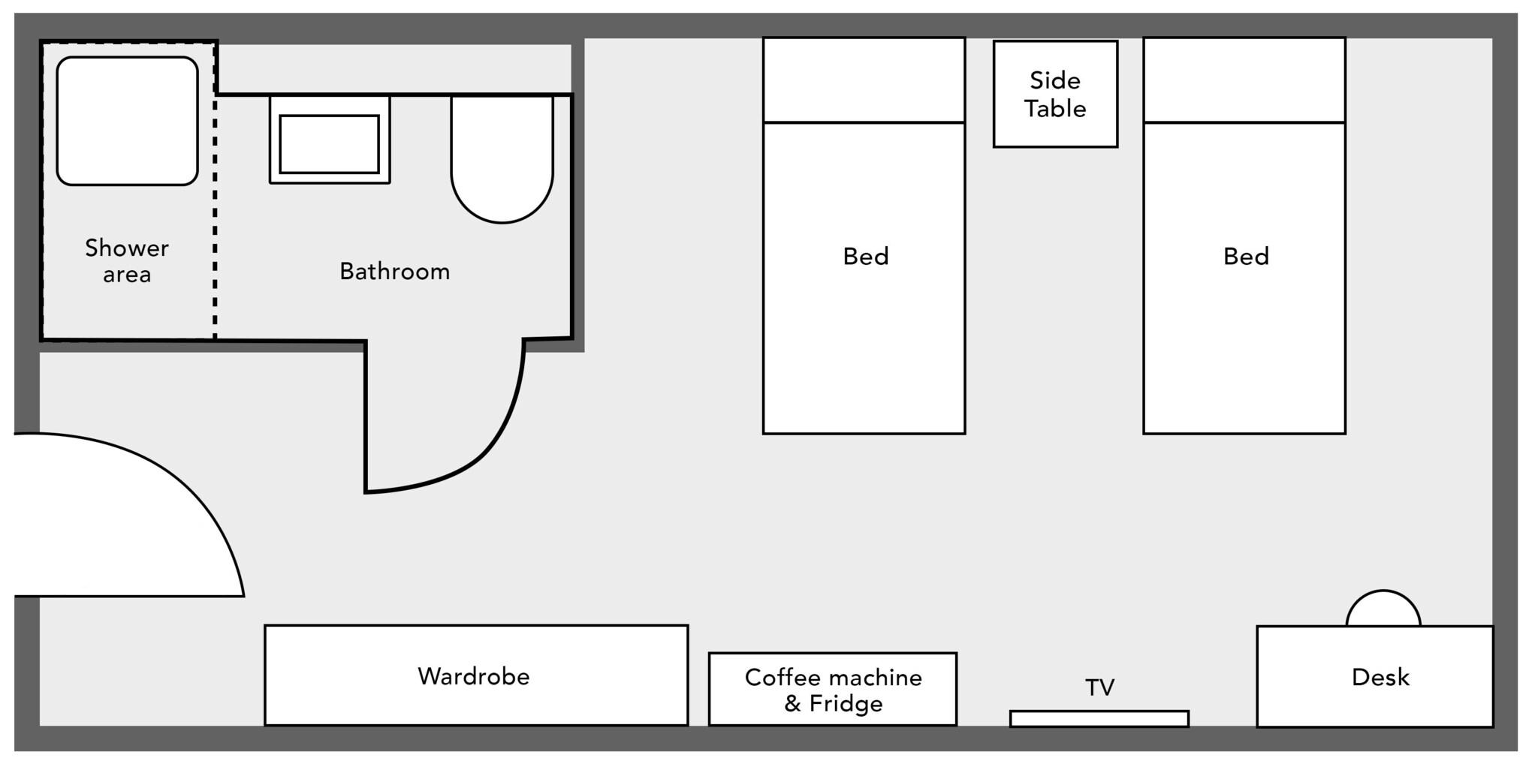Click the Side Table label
1054,95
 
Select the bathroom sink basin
329,143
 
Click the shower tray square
127,121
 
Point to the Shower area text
127,260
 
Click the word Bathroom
394,271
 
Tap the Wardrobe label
474,676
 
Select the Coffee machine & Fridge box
832,690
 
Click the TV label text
1099,687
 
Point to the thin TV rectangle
1099,719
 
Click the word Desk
1380,677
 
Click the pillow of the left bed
864,80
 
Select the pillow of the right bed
1244,80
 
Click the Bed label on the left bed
865,257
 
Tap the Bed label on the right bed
1246,257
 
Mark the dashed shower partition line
215,225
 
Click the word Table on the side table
1054,109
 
